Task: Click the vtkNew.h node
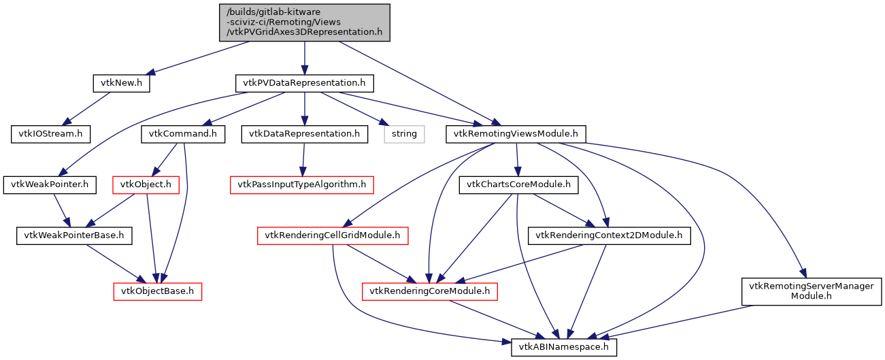pyautogui.click(x=121, y=83)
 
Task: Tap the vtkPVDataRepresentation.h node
pyautogui.click(x=304, y=83)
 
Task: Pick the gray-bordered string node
pyautogui.click(x=404, y=133)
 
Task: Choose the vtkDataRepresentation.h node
pyautogui.click(x=304, y=133)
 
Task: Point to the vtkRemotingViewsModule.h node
pyautogui.click(x=516, y=133)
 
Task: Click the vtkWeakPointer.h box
pyautogui.click(x=50, y=184)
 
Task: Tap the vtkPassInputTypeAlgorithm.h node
pyautogui.click(x=302, y=184)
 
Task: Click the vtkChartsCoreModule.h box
pyautogui.click(x=519, y=184)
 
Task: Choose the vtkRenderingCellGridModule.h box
pyautogui.click(x=333, y=235)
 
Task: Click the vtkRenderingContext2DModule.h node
pyautogui.click(x=610, y=235)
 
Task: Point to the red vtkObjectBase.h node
pyautogui.click(x=157, y=291)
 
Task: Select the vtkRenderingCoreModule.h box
pyautogui.click(x=429, y=291)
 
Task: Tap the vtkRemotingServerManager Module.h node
pyautogui.click(x=812, y=291)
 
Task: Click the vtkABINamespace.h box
pyautogui.click(x=564, y=347)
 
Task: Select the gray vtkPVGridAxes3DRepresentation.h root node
pyautogui.click(x=304, y=22)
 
